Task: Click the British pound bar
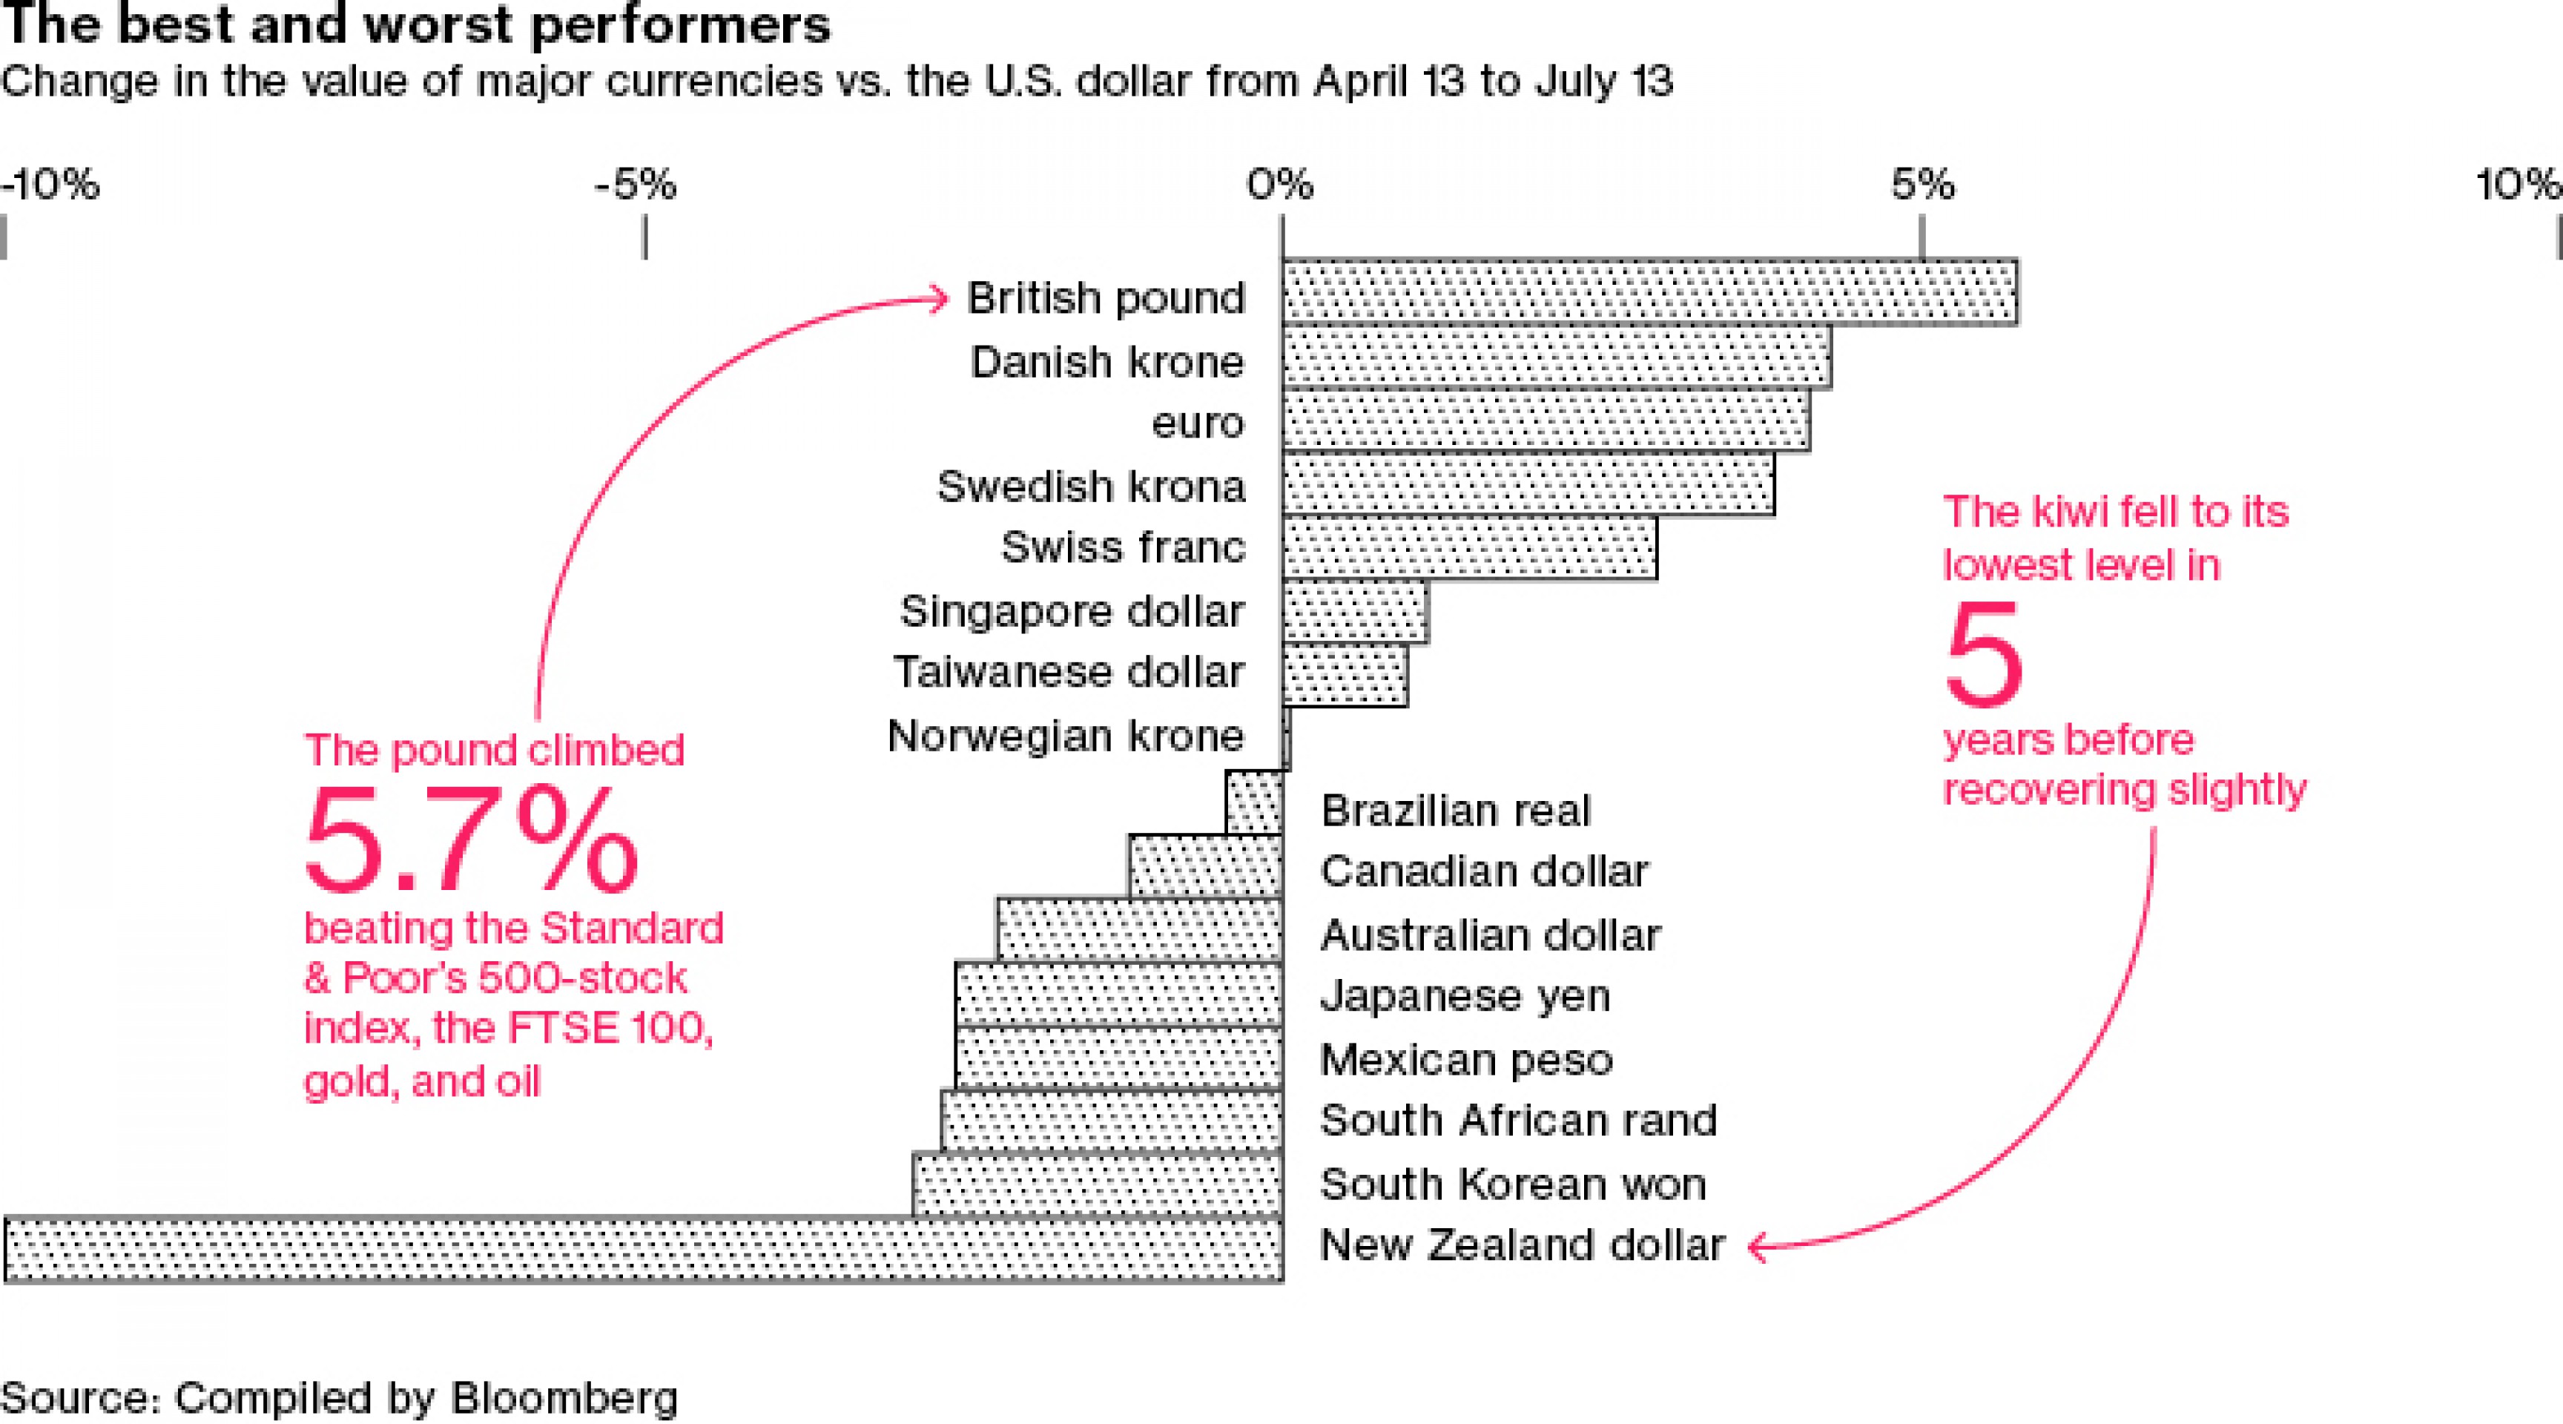click(1649, 292)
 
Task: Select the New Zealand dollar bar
click(643, 1249)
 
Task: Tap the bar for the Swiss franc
click(1470, 547)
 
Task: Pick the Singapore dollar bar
click(1355, 611)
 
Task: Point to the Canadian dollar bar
click(1206, 866)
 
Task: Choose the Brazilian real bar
click(1253, 802)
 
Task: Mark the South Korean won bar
click(1098, 1184)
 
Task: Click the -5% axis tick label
click(636, 185)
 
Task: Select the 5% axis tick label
click(1922, 185)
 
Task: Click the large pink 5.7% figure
click(472, 841)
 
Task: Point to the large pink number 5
click(1984, 655)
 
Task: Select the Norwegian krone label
click(1066, 736)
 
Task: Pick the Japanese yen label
click(1465, 995)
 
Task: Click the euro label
click(1198, 423)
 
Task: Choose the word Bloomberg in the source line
click(564, 1398)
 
